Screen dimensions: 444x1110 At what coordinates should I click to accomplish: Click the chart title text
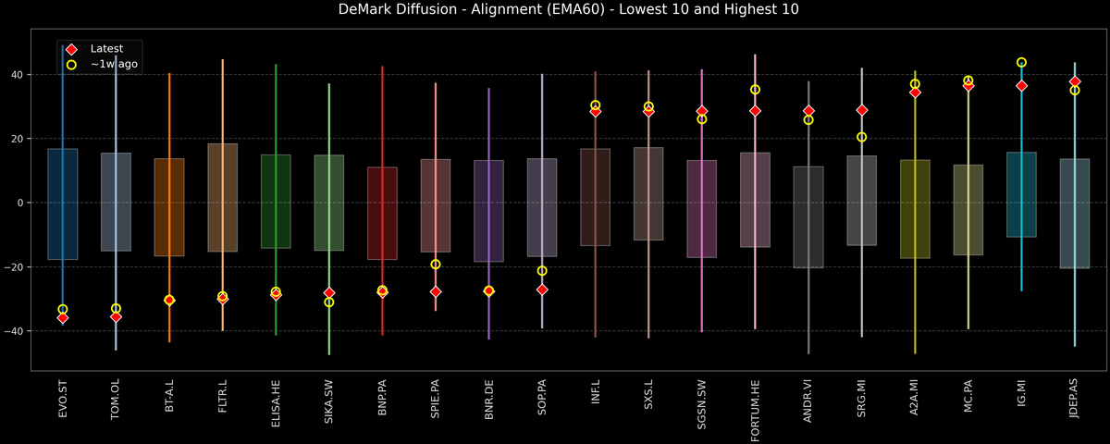(555, 10)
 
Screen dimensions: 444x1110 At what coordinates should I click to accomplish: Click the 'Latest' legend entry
(102, 48)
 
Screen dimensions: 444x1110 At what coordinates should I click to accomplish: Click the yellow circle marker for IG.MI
(1021, 63)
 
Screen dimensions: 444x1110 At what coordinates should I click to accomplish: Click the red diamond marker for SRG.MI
(862, 110)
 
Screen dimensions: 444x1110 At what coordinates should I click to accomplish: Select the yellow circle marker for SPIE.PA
(436, 265)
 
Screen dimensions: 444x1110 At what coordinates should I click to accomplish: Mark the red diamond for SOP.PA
(542, 290)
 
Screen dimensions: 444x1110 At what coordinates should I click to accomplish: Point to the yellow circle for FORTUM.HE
(755, 90)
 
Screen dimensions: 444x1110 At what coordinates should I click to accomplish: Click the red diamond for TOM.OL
(116, 316)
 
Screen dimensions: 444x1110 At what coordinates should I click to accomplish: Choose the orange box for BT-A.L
(169, 207)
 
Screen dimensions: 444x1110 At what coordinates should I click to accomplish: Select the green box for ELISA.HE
(276, 202)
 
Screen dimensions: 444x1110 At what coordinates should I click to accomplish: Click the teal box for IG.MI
(1021, 194)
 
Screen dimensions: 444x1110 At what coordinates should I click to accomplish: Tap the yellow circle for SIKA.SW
(329, 302)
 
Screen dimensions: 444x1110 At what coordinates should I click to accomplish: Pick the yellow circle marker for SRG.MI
(862, 137)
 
